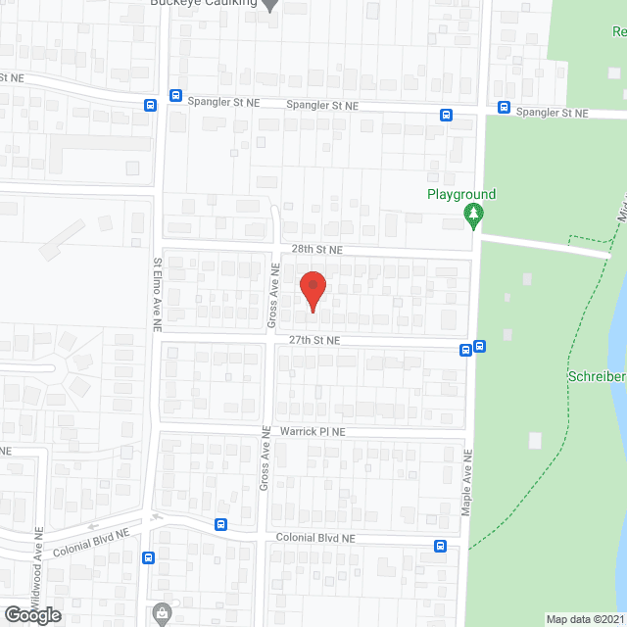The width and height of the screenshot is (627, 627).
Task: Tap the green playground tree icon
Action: coord(475,216)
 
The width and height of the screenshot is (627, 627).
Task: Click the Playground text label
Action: coord(461,194)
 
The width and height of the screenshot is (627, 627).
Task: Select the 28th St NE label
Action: coord(315,250)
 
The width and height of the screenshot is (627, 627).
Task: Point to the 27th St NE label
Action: coord(313,340)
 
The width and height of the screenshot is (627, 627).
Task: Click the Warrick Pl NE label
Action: coord(313,431)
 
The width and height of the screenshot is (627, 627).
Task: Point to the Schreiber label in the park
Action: coord(596,377)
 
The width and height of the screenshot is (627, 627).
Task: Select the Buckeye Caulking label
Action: coord(203,3)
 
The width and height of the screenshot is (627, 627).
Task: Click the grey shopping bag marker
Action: coord(161,615)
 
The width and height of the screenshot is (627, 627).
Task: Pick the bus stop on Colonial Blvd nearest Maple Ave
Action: coord(441,546)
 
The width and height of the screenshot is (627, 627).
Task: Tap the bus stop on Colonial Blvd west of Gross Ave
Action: coord(221,525)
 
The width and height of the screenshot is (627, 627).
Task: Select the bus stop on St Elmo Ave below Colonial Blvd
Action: coord(149,558)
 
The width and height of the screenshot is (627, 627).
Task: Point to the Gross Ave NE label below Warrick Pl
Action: coord(265,466)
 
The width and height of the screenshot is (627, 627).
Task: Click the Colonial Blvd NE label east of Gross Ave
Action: coord(313,538)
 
